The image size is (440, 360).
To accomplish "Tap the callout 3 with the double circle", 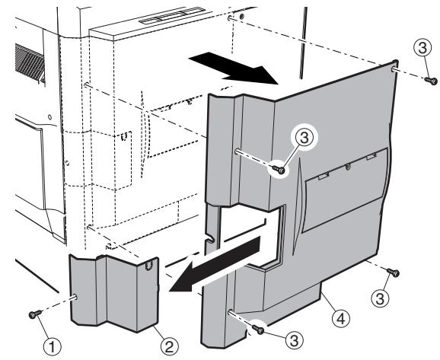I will click(x=302, y=138).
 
